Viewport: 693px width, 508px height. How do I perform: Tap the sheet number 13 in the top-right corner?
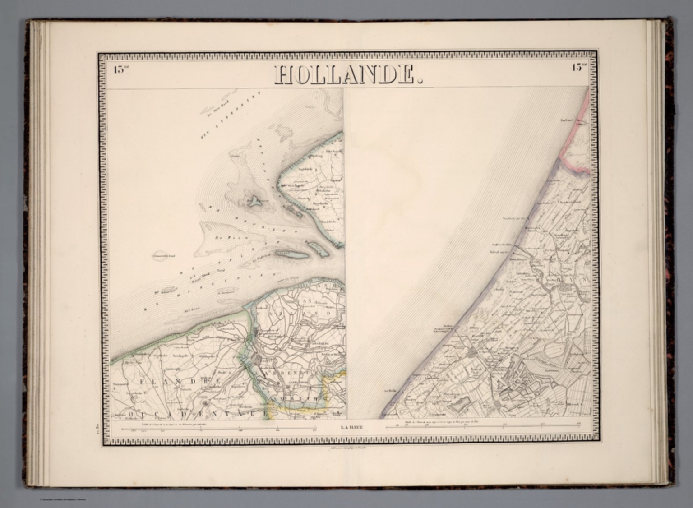pos(577,68)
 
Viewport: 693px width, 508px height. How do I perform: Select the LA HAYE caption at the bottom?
pos(352,426)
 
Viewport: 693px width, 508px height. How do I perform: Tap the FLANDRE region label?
pos(162,381)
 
